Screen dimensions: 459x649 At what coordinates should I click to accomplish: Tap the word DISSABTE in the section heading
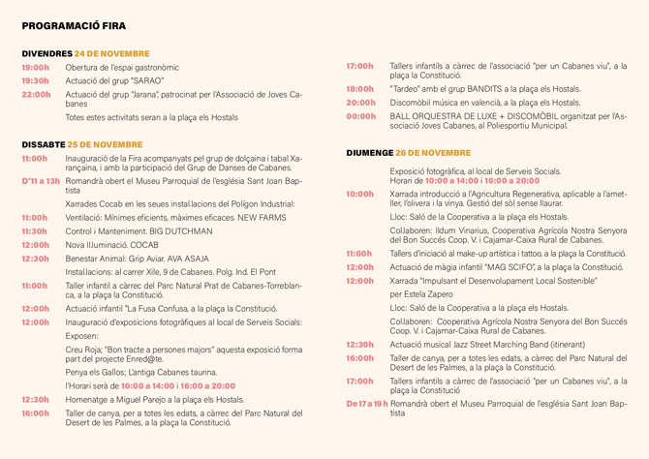45,144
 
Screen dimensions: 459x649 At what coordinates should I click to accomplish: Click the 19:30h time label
36,80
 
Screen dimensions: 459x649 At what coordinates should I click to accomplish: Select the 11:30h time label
35,231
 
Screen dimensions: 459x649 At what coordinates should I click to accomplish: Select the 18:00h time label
360,88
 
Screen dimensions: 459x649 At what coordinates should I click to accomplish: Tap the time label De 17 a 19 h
367,402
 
